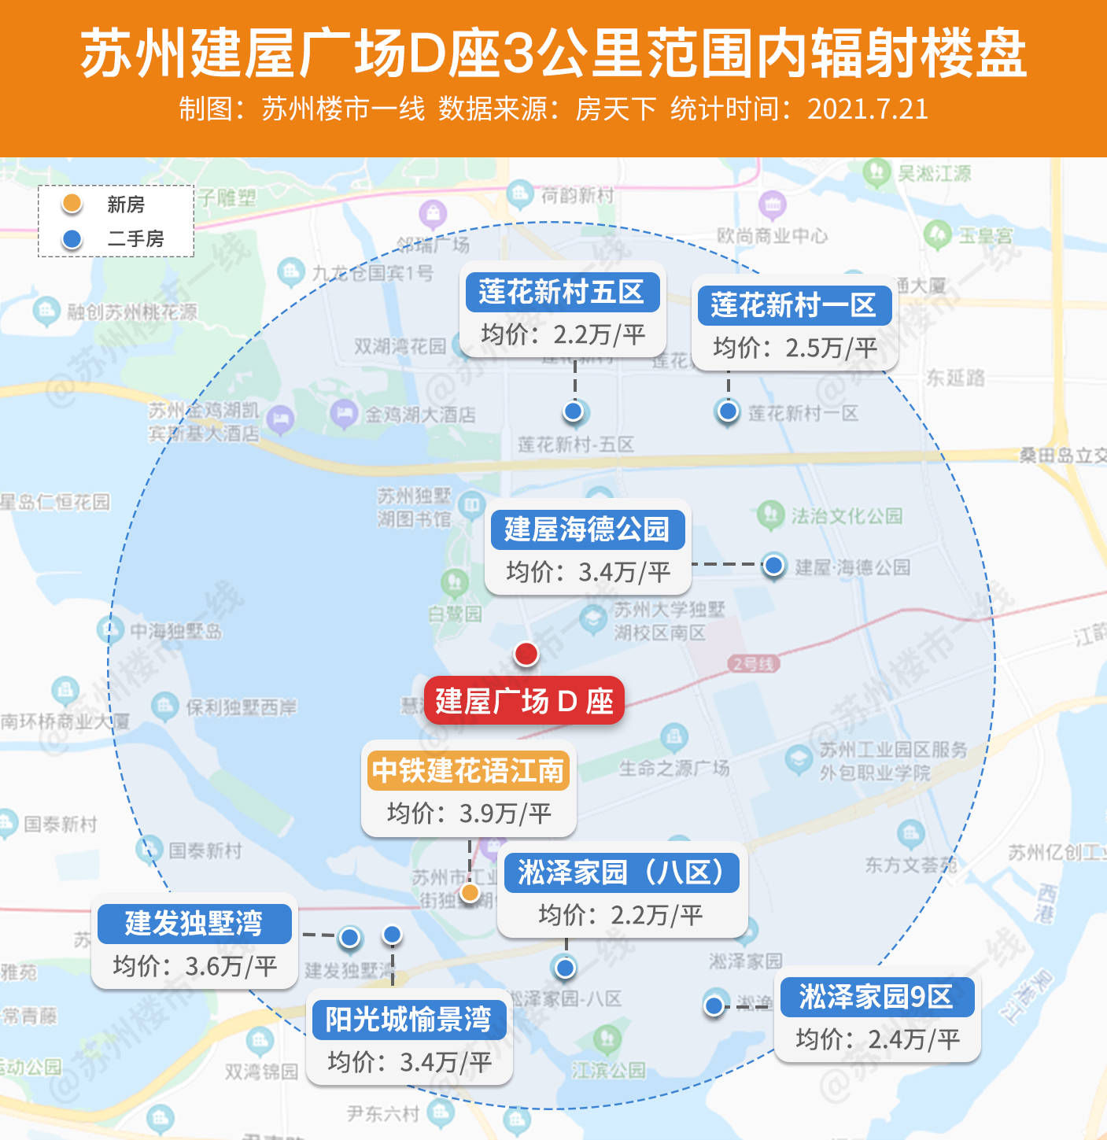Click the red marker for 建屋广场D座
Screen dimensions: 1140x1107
(526, 653)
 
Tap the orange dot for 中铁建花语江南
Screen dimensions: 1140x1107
(470, 892)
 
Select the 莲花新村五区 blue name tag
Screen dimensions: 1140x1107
(561, 292)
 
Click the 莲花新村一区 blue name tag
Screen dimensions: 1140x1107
(794, 305)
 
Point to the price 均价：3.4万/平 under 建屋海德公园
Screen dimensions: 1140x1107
(588, 572)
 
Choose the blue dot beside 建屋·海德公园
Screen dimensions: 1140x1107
(774, 564)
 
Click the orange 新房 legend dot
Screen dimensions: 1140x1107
(72, 204)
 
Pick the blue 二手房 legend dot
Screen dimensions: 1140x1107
(72, 238)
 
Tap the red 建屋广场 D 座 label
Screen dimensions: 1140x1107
(524, 700)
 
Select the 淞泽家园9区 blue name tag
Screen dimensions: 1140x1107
(876, 997)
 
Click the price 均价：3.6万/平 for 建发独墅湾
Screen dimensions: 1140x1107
(194, 966)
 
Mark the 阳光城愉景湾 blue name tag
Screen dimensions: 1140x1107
(408, 1020)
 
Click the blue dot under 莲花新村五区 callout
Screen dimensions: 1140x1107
(574, 411)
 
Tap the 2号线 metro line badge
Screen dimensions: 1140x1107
(753, 664)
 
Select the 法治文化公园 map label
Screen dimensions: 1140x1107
(846, 516)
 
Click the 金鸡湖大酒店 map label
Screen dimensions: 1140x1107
(419, 415)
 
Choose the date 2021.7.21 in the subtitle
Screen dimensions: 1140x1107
(867, 109)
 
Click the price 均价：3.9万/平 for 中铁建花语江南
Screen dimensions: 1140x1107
(469, 813)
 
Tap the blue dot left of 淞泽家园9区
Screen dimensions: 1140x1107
(714, 1005)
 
